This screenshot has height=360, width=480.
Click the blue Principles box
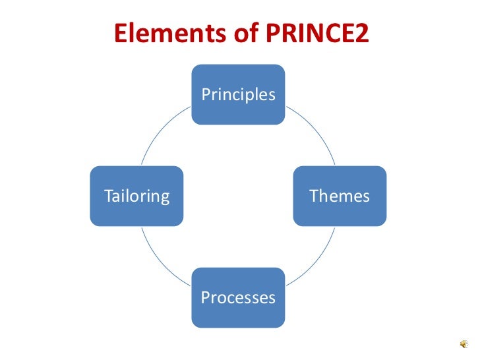click(x=238, y=94)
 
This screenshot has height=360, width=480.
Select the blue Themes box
click(x=340, y=196)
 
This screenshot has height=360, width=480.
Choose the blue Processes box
click(x=238, y=297)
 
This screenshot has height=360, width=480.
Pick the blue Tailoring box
click(x=136, y=196)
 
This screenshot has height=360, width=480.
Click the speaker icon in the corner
click(x=464, y=344)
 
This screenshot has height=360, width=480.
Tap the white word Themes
click(x=340, y=196)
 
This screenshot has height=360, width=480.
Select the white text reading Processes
click(x=238, y=297)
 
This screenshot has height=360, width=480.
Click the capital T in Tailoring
click(x=108, y=196)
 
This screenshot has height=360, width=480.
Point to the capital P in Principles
click(x=206, y=94)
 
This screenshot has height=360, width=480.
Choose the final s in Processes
click(x=272, y=298)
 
